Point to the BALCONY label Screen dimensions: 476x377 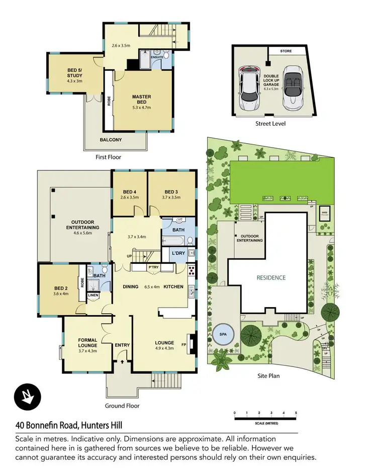(x=111, y=139)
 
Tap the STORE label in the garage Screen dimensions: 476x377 (x=286, y=50)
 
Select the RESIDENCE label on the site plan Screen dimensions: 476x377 (x=271, y=277)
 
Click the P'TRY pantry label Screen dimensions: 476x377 (x=153, y=267)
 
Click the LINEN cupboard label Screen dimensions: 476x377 (x=93, y=295)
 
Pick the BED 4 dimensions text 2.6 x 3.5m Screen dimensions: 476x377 (x=129, y=198)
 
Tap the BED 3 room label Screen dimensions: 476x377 (x=171, y=192)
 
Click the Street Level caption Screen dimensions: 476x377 (x=270, y=123)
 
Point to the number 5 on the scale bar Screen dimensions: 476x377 (x=296, y=413)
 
